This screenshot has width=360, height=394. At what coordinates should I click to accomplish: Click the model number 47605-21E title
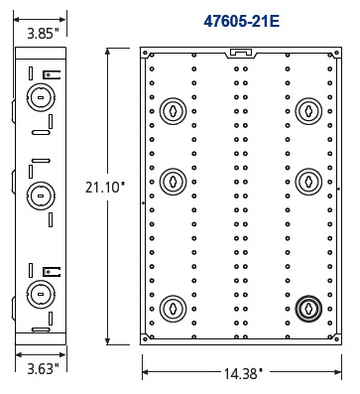(242, 22)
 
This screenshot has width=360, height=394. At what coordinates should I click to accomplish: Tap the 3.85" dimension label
(43, 34)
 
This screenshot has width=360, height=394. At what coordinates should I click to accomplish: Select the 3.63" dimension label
(43, 368)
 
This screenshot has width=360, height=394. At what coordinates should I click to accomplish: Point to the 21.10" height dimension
(105, 188)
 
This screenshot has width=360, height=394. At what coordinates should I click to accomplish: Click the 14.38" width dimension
(243, 374)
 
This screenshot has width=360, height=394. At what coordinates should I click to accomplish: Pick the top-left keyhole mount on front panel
(173, 111)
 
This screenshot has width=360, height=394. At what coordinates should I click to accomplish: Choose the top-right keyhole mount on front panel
(308, 111)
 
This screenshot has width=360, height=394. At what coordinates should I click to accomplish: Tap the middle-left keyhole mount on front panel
(173, 182)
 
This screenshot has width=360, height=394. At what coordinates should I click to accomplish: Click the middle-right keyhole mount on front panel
(308, 182)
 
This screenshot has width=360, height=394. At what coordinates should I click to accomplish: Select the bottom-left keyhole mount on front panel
(173, 309)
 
